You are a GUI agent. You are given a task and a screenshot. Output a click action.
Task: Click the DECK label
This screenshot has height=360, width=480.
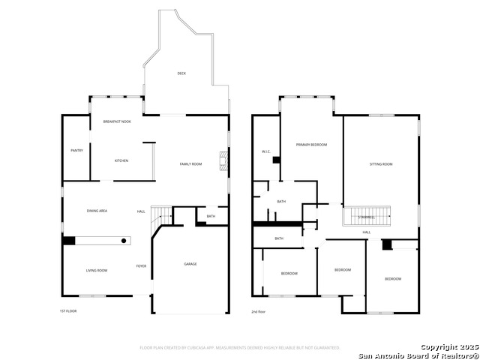181,73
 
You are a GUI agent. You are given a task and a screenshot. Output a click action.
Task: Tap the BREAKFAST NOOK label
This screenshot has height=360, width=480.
117,121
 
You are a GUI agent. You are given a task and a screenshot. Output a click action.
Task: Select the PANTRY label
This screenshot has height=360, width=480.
76,150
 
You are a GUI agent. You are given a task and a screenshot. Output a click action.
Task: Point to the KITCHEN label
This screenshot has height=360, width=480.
121,160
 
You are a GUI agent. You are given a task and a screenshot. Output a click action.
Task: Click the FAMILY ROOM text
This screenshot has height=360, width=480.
190,163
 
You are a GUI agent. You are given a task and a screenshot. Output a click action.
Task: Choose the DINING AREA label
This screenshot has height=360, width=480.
97,211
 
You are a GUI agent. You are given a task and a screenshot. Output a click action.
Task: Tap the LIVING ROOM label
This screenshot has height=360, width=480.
96,270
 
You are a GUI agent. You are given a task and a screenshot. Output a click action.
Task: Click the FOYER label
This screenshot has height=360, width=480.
141,266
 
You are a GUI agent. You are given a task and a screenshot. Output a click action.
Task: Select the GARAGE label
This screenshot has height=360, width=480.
190,264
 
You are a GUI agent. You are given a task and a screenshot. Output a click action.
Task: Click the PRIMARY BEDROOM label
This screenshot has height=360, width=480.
311,144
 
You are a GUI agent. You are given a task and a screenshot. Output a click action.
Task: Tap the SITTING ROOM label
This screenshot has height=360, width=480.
381,163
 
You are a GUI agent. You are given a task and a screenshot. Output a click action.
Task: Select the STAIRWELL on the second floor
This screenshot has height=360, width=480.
367,217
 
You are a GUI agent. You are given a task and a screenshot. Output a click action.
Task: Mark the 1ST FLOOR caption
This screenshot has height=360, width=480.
68,310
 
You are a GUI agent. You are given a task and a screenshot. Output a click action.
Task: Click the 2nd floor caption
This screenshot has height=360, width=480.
259,310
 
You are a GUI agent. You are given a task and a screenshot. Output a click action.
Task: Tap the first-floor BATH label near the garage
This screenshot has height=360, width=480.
211,217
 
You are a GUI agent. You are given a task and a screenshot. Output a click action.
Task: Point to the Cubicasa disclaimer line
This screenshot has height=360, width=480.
240,347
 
